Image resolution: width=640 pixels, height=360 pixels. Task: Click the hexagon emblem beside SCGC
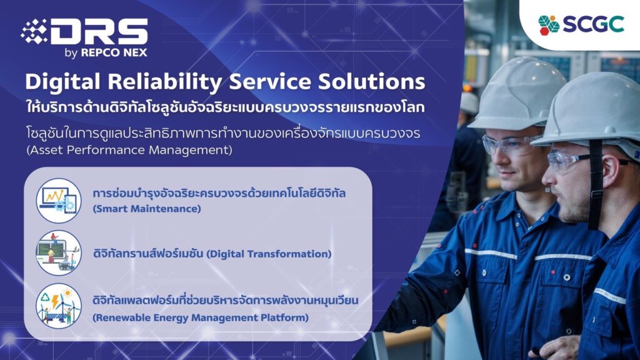click(549, 25)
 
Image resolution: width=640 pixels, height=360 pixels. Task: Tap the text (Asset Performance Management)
click(129, 150)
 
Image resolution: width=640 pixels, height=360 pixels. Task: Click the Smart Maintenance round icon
click(58, 201)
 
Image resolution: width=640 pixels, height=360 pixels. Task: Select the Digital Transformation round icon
click(58, 252)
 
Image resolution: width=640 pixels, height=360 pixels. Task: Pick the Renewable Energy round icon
click(58, 306)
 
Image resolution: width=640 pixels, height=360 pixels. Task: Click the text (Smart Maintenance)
click(147, 209)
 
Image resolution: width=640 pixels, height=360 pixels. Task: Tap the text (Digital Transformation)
click(269, 254)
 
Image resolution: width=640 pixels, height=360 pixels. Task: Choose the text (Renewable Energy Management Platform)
click(201, 317)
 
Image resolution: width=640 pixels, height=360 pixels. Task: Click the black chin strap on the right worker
click(596, 184)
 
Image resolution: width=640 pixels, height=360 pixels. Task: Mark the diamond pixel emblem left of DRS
click(35, 31)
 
